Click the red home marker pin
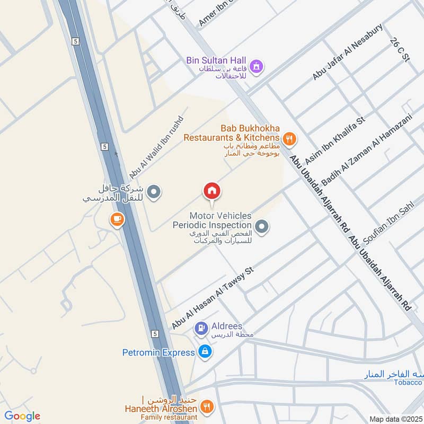211,192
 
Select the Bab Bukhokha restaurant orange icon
289,139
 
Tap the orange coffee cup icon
117,219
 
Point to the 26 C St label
400,50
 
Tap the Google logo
22,416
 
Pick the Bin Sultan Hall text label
216,60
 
